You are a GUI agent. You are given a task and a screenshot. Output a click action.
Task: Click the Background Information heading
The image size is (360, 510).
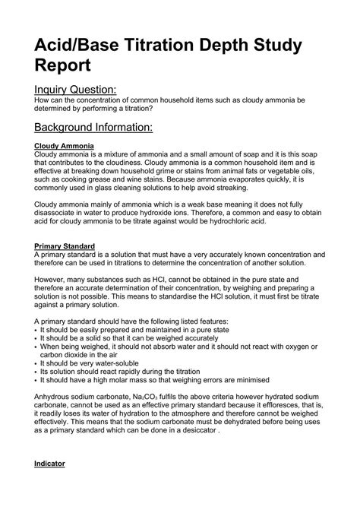pos(95,126)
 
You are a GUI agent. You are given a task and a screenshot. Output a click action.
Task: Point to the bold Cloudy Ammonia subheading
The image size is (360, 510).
pos(65,144)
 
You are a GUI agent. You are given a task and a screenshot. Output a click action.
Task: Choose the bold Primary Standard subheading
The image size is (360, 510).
pos(65,246)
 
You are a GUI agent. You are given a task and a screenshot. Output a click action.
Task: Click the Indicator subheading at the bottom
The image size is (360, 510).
pos(50,463)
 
